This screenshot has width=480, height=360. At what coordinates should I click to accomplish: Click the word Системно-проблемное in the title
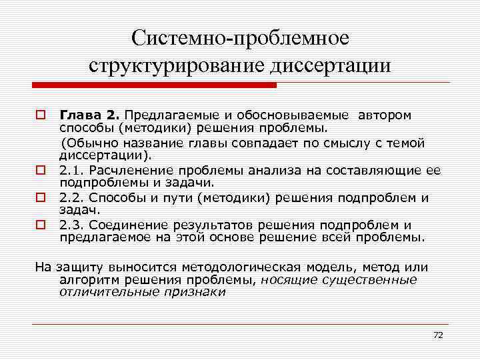click(240, 38)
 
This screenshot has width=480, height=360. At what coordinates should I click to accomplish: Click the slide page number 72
click(437, 335)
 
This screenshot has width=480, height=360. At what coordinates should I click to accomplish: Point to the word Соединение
click(123, 225)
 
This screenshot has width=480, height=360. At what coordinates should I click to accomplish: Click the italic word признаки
click(197, 292)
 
